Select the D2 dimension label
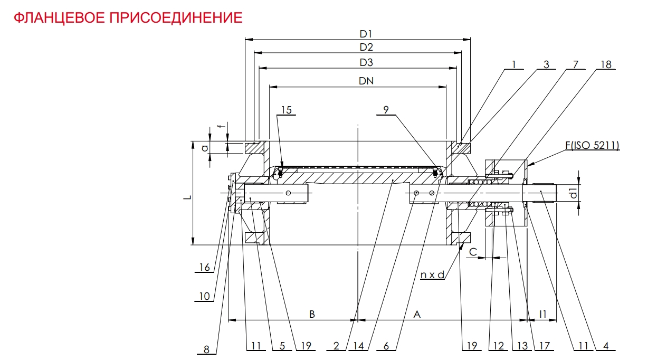pos(366,47)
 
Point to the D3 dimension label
pos(366,63)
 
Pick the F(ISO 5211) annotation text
pos(594,145)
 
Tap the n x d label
pos(432,274)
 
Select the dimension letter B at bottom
pos(312,314)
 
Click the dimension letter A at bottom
pos(416,314)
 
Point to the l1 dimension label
pos(543,314)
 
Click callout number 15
pos(286,110)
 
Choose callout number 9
pos(386,110)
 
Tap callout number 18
pos(605,64)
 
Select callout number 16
pos(204,268)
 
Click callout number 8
pos(206,349)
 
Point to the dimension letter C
pos(473,252)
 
